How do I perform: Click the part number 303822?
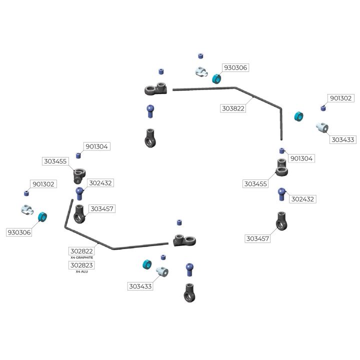tap(233, 108)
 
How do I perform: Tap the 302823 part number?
tap(81, 265)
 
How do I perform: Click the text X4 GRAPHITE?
tap(81, 257)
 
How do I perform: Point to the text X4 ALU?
tap(81, 271)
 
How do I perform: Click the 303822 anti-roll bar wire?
tap(210, 88)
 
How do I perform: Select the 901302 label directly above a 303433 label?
tap(340, 98)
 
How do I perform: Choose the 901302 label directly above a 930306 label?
tap(43, 184)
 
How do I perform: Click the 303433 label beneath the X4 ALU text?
tap(140, 286)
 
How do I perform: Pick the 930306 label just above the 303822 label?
tap(235, 67)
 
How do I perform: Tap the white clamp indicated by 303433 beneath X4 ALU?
tap(161, 271)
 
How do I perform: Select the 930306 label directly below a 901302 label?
tap(19, 232)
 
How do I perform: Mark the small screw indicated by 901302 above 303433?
tap(323, 108)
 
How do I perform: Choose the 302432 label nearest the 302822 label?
tap(100, 183)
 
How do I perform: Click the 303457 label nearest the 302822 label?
tap(101, 208)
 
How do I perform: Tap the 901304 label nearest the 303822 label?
tap(301, 158)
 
